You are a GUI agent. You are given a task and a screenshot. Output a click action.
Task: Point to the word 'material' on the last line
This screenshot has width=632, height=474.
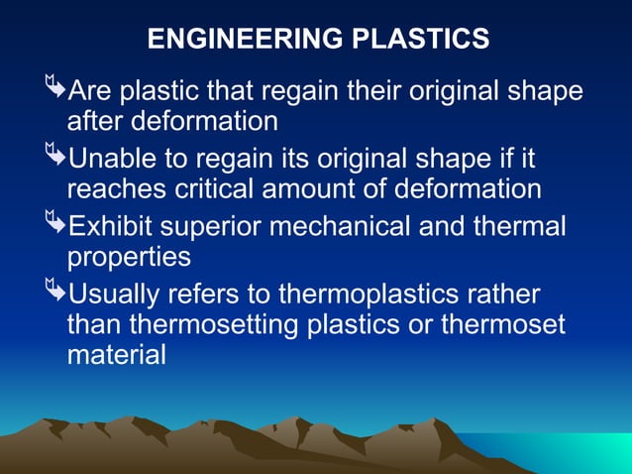click(x=116, y=356)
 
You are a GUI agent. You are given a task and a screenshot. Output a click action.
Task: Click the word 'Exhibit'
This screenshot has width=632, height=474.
click(x=115, y=225)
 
